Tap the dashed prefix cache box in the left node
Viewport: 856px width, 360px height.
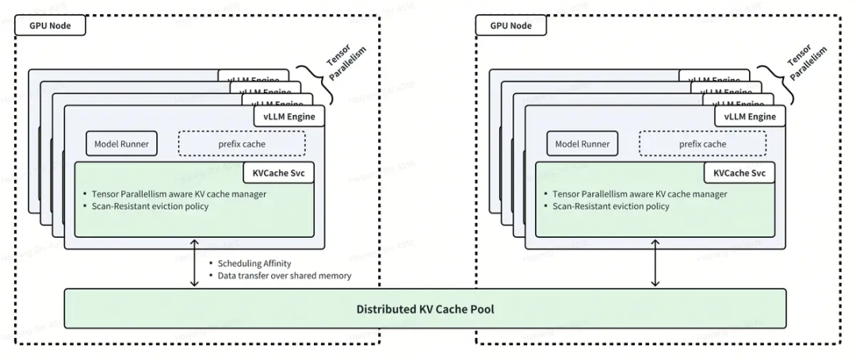[241, 144]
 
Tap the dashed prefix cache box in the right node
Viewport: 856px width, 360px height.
[702, 144]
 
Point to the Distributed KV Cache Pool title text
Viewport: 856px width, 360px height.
[425, 308]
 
